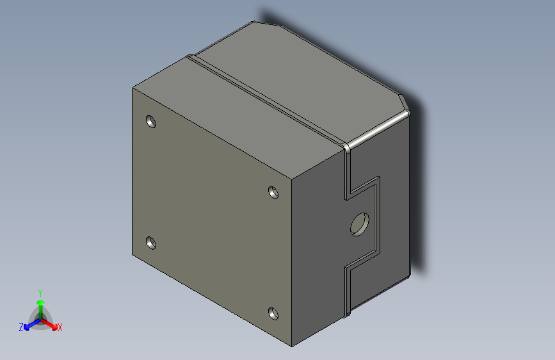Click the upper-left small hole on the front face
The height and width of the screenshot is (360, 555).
151,120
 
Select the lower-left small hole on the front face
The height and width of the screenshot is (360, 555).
151,243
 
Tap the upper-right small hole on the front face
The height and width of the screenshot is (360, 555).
273,192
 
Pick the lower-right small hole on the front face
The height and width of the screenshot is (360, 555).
273,313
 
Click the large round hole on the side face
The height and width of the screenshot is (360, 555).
359,224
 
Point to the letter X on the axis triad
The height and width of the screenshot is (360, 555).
60,327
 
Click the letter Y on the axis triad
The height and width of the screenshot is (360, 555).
40,291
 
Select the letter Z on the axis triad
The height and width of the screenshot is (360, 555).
21,327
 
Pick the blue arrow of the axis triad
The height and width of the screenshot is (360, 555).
29,324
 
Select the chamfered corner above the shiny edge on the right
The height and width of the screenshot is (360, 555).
404,104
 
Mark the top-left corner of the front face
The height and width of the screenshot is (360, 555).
133,88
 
